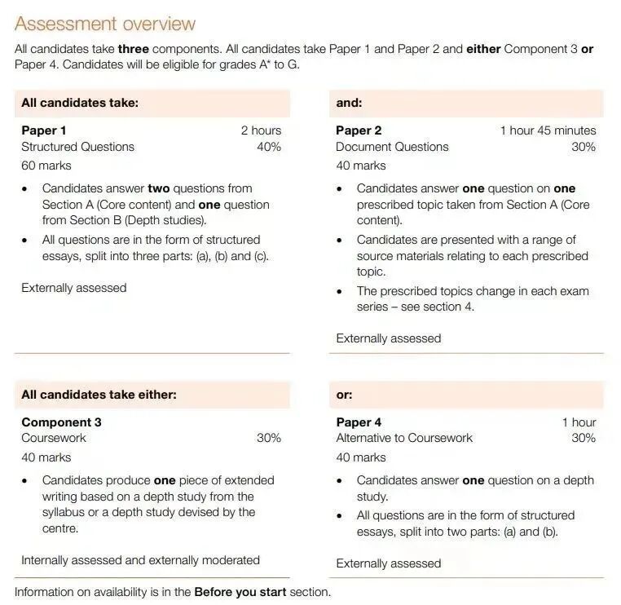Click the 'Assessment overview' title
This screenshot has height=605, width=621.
click(x=105, y=24)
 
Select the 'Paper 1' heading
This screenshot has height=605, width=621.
click(x=44, y=130)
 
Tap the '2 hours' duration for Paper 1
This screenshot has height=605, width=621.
click(x=261, y=130)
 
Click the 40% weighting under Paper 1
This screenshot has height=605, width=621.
click(x=269, y=147)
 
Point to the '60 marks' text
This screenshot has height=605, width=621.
click(x=46, y=166)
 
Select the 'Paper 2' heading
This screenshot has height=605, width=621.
click(x=359, y=130)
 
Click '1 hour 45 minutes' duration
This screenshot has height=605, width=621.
click(x=548, y=130)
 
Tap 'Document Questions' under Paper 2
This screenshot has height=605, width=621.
click(x=392, y=147)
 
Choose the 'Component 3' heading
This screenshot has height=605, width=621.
click(x=62, y=422)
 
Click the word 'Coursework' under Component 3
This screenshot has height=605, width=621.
click(x=54, y=438)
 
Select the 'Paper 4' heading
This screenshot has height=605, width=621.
click(x=359, y=422)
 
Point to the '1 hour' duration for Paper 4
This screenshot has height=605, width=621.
click(x=579, y=422)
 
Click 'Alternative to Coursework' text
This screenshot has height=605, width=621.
click(x=404, y=438)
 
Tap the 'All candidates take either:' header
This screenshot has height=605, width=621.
click(x=99, y=395)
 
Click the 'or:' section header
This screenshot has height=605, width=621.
click(x=344, y=395)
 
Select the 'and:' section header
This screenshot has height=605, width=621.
click(x=349, y=103)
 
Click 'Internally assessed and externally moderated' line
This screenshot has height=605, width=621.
click(x=140, y=560)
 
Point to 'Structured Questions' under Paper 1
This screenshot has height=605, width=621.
click(x=78, y=147)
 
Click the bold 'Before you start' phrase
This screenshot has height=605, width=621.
click(x=240, y=592)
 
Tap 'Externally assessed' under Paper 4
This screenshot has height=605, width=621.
click(x=389, y=563)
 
